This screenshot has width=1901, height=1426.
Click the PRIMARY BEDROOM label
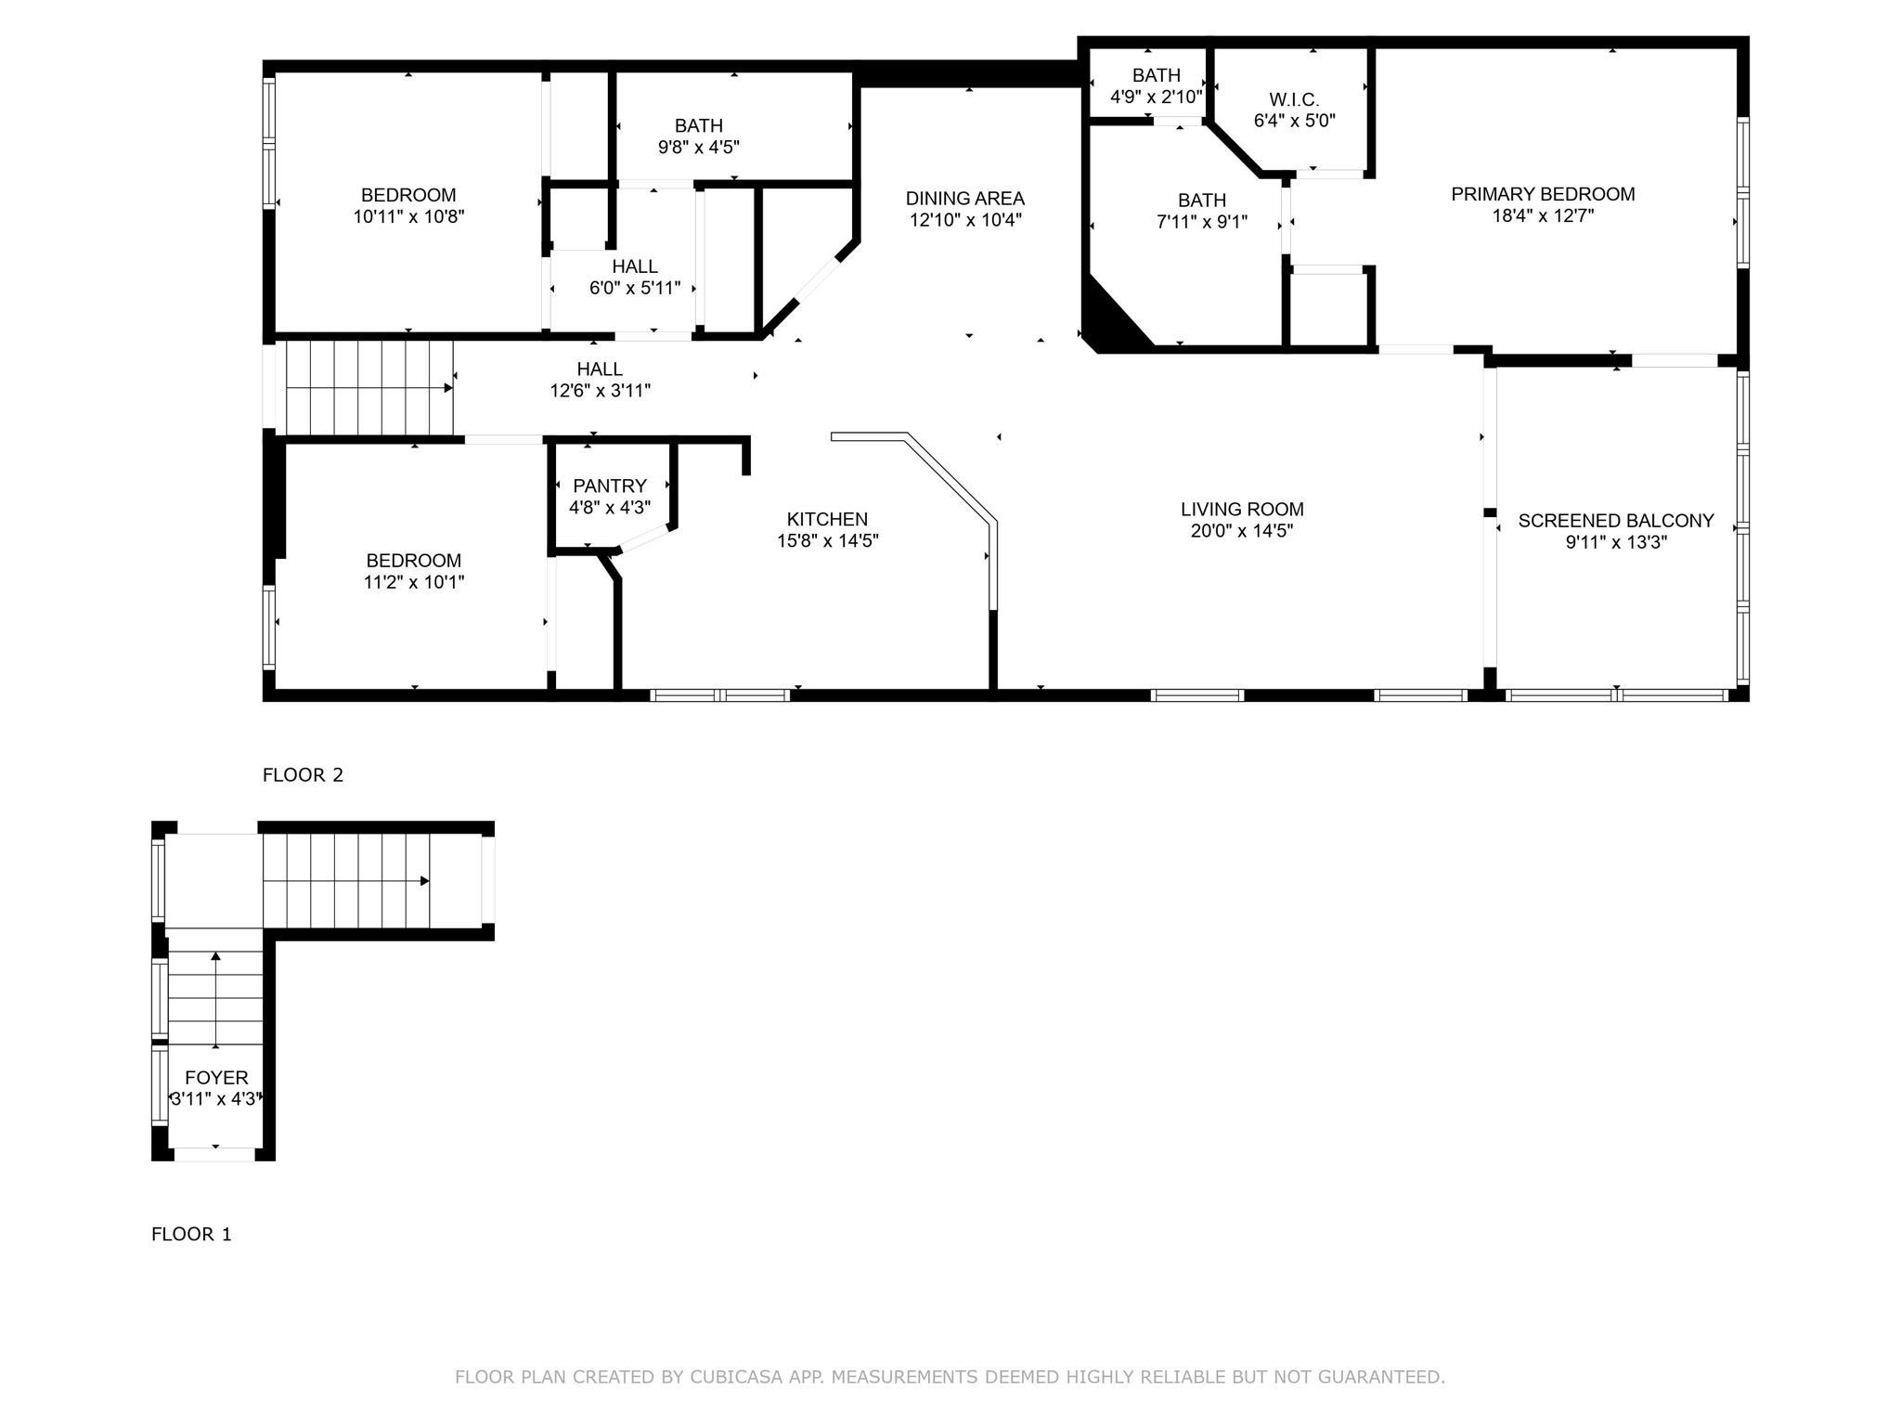click(1543, 194)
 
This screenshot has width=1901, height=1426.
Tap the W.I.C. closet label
click(1294, 99)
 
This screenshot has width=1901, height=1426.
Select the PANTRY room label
click(610, 486)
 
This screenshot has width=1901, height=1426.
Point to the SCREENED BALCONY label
click(1616, 521)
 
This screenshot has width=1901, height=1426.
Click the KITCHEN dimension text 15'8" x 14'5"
click(828, 540)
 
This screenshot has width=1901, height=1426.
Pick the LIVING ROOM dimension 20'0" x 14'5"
click(1242, 531)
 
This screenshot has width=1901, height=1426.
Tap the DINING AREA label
click(965, 199)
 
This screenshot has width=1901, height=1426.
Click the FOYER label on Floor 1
click(216, 1078)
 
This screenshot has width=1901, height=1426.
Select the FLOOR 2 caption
click(303, 775)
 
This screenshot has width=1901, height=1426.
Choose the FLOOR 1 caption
click(191, 1234)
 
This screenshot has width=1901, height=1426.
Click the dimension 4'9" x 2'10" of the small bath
click(1157, 96)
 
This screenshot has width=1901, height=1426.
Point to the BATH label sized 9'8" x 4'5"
click(699, 125)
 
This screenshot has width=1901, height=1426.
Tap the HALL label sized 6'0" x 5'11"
click(635, 266)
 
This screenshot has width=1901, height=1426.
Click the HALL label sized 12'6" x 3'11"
click(600, 369)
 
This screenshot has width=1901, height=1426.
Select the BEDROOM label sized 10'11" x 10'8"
click(408, 195)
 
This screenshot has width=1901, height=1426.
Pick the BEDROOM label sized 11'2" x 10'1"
click(413, 561)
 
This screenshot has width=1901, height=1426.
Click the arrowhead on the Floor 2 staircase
click(448, 388)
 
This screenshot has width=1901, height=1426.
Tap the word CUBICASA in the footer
click(734, 1377)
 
